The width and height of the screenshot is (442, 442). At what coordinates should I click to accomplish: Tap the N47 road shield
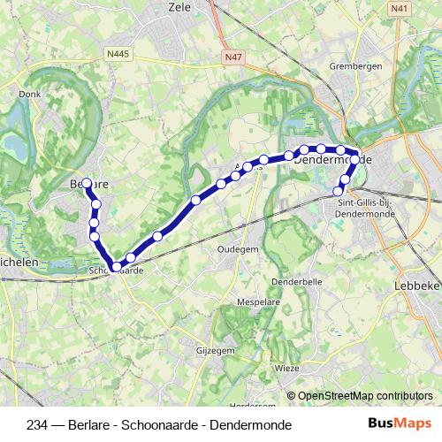(x=232, y=57)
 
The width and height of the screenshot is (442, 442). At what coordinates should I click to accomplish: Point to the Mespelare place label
(x=259, y=302)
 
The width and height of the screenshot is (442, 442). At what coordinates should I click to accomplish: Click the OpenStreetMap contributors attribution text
(x=364, y=397)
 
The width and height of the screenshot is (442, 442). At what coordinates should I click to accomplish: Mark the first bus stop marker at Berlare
(x=87, y=183)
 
